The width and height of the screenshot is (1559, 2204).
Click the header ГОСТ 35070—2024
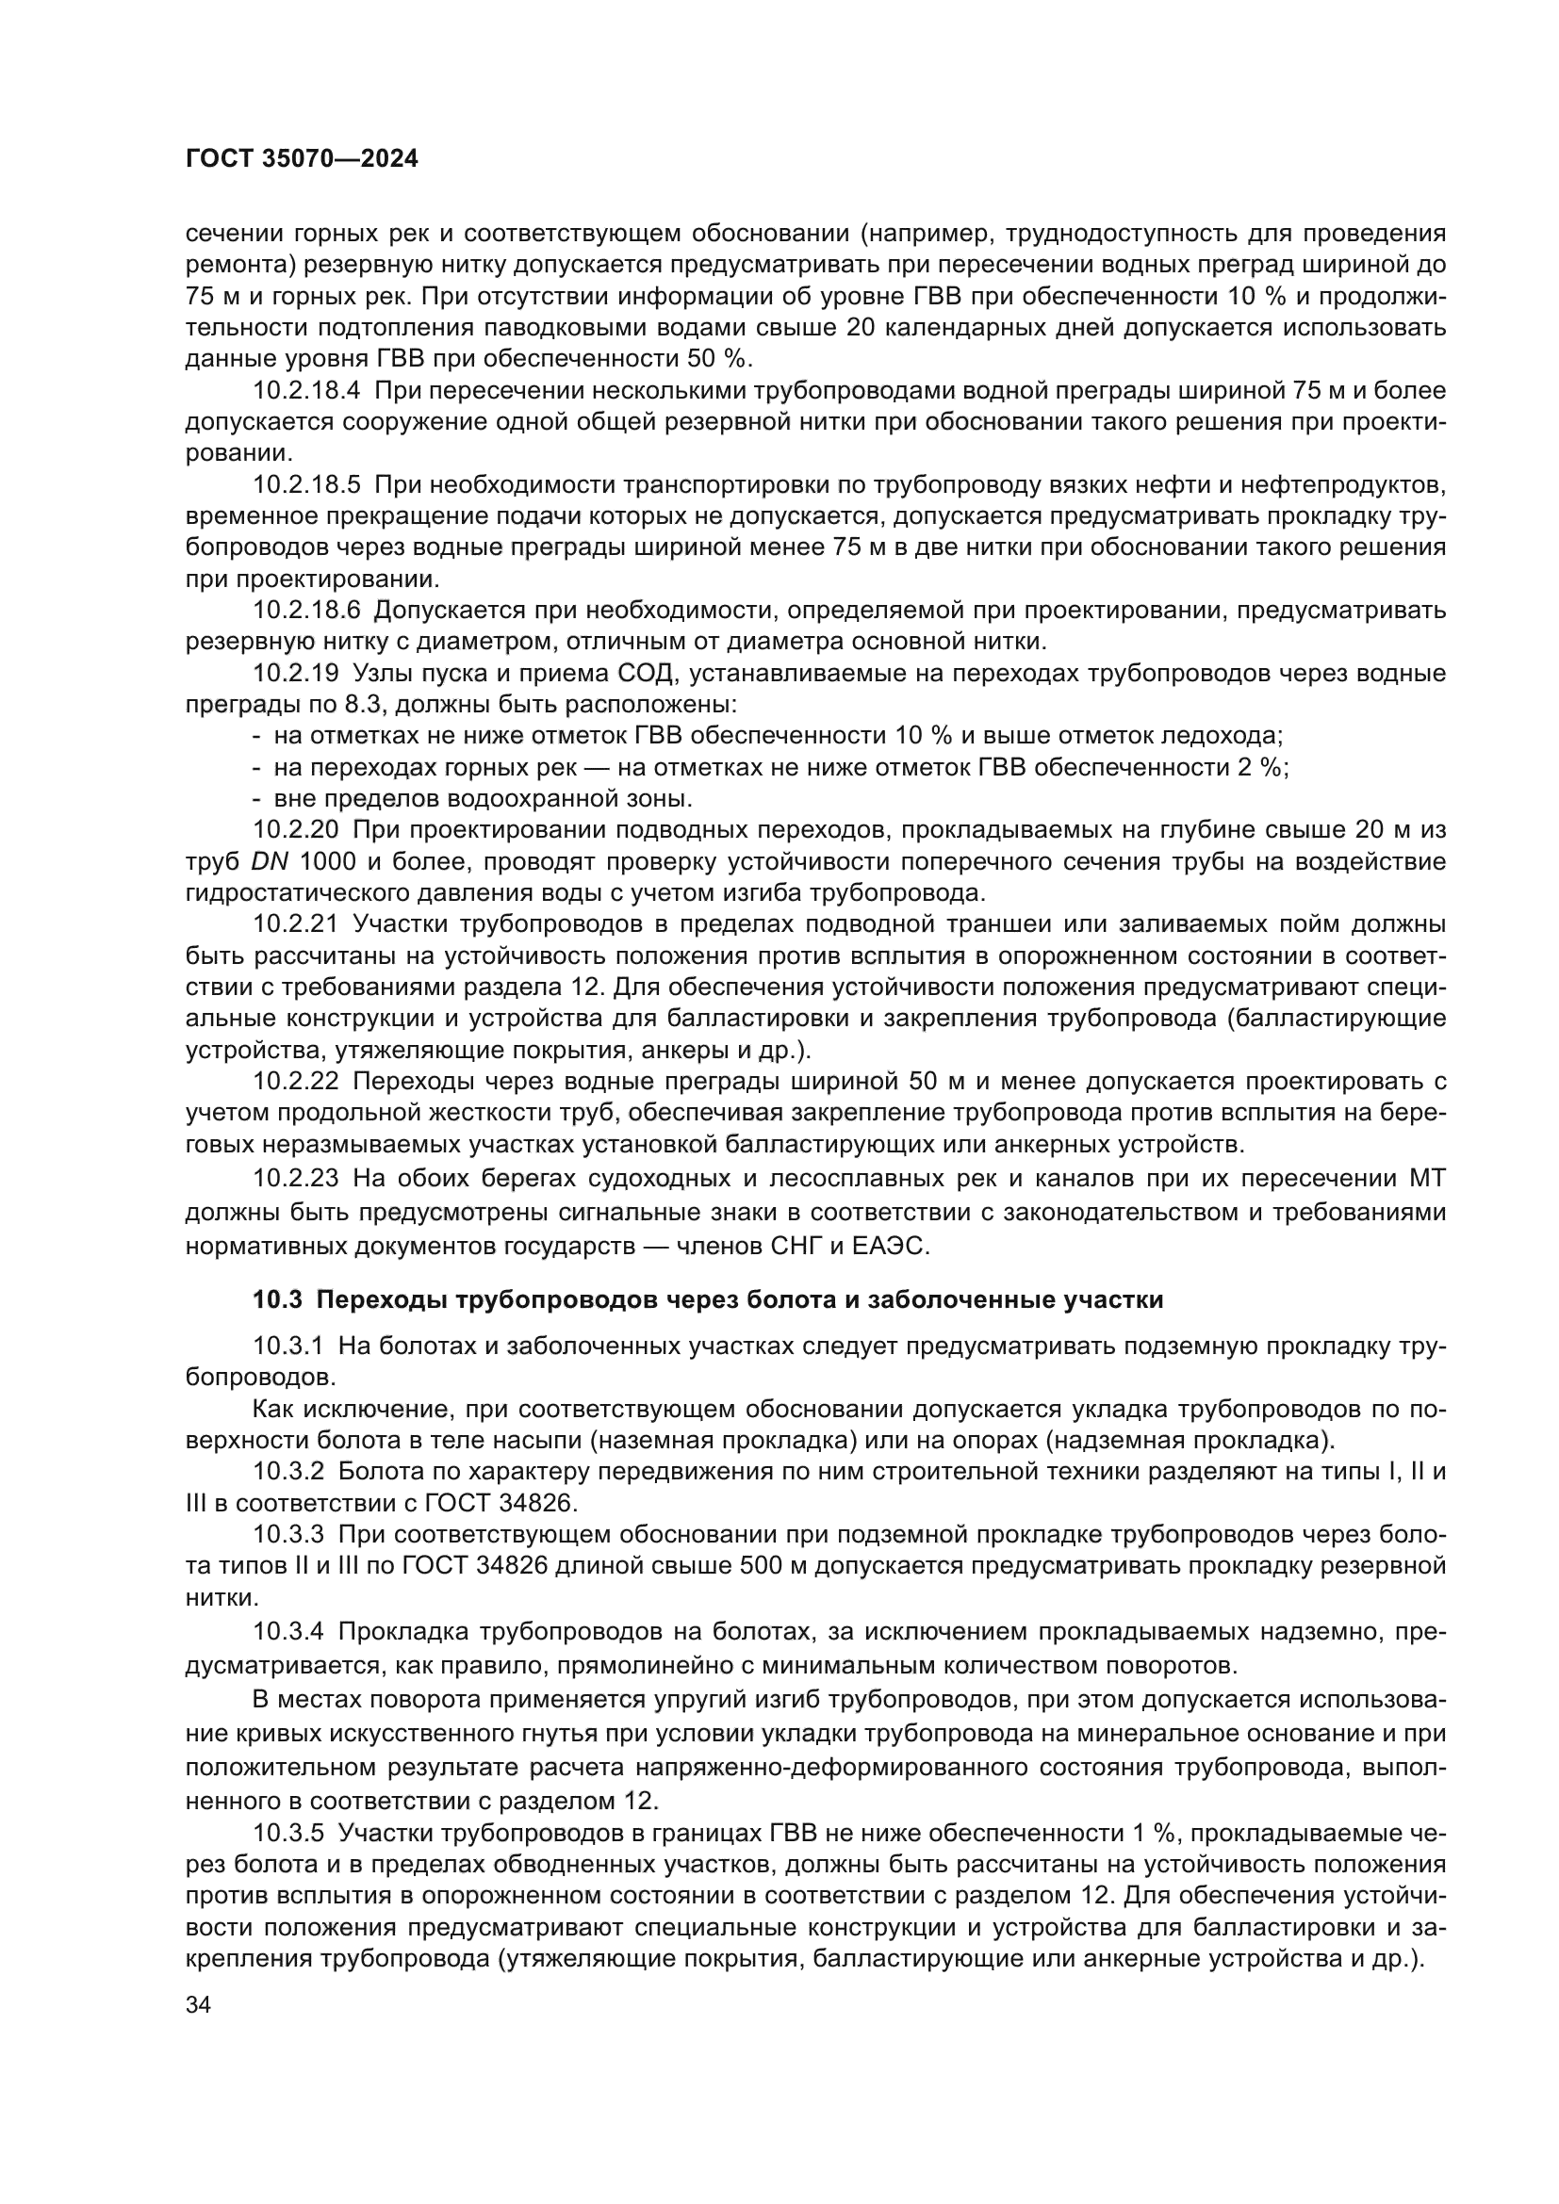click(x=302, y=159)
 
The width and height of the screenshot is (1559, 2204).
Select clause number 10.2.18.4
click(x=307, y=391)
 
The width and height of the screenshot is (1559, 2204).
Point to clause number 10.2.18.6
click(x=307, y=610)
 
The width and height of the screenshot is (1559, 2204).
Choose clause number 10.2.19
click(x=296, y=673)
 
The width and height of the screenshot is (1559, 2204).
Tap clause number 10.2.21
click(x=296, y=923)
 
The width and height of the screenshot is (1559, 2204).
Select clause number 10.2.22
click(x=296, y=1081)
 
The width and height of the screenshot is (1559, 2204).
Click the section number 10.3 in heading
click(x=277, y=1299)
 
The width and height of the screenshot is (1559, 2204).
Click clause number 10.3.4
click(x=289, y=1631)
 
